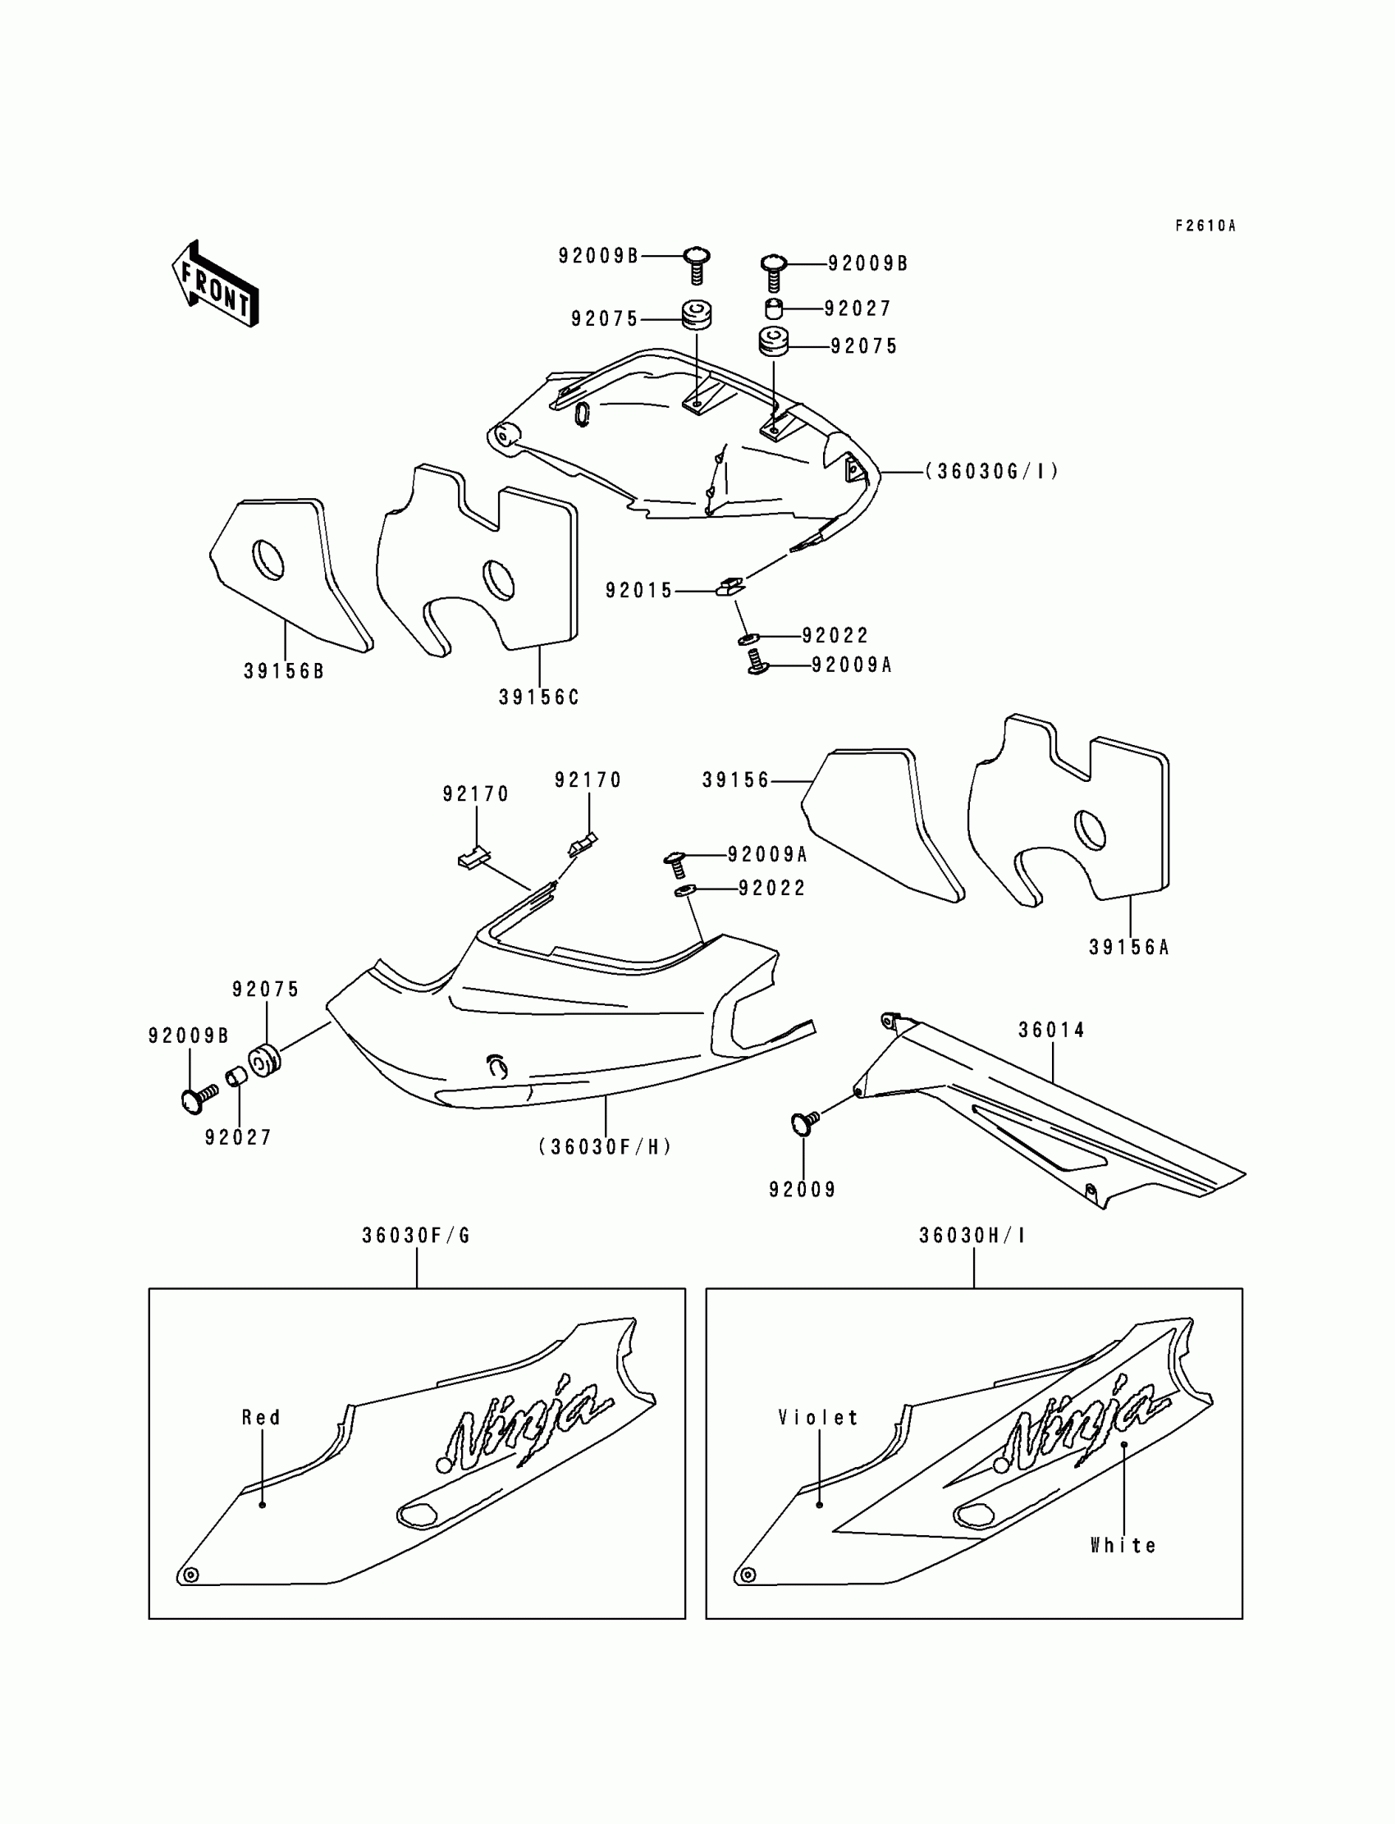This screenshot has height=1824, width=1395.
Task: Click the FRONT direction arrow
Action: [215, 285]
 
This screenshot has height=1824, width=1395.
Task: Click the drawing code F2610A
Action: [1205, 226]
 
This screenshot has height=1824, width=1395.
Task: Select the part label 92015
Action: [638, 590]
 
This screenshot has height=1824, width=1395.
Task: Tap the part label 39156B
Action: [283, 671]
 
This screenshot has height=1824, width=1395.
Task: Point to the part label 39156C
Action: [538, 697]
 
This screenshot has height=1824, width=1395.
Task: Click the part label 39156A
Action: [1128, 948]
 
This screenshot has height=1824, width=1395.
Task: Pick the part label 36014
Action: [1051, 1031]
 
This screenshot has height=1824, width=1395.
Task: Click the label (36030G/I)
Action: [992, 472]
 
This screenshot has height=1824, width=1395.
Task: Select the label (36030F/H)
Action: [605, 1146]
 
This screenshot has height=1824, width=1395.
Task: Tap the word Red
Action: [262, 1417]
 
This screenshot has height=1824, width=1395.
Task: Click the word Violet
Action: [818, 1417]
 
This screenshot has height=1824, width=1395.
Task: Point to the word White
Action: [1123, 1545]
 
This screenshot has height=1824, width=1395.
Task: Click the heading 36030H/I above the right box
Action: [972, 1237]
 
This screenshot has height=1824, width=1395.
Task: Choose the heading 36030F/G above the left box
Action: [416, 1237]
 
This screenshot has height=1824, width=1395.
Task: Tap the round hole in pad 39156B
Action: [268, 560]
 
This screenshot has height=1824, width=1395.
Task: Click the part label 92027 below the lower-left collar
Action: [238, 1137]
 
